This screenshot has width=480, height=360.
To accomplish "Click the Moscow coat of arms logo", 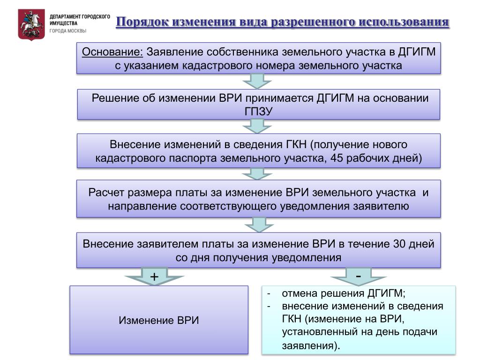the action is pyautogui.click(x=31, y=24).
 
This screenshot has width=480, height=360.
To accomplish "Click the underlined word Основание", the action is pyautogui.click(x=112, y=52).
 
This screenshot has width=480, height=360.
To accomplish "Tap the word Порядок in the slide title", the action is pyautogui.click(x=142, y=22).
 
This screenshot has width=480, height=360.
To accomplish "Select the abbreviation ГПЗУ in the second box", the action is pyautogui.click(x=258, y=112).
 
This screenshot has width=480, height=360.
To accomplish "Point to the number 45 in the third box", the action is pyautogui.click(x=337, y=158).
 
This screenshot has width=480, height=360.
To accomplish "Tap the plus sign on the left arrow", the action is pyautogui.click(x=154, y=277).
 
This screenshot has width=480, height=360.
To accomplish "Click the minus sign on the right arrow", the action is pyautogui.click(x=359, y=276).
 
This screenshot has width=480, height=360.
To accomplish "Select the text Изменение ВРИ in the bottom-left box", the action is pyautogui.click(x=159, y=320).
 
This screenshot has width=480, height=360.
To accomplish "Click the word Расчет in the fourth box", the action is pyautogui.click(x=106, y=193).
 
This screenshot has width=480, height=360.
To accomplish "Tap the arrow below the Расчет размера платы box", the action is pyautogui.click(x=259, y=225).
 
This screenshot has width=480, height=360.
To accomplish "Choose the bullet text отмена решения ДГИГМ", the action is pyautogui.click(x=344, y=293).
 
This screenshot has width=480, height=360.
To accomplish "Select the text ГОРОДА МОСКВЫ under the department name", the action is pyautogui.click(x=68, y=31).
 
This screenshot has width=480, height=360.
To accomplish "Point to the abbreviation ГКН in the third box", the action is pyautogui.click(x=296, y=144).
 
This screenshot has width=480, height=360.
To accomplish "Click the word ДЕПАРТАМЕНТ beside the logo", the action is pyautogui.click(x=64, y=16).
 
